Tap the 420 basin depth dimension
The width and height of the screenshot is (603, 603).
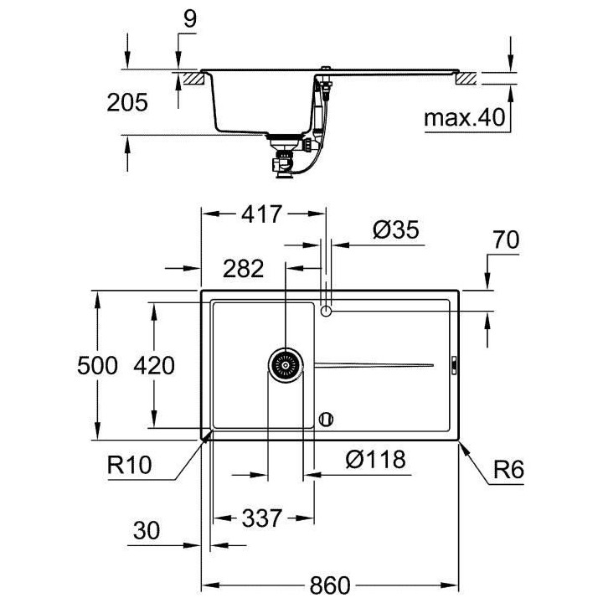click(x=154, y=366)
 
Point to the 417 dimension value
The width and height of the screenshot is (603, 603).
click(x=261, y=214)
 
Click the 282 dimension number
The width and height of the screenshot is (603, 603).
click(x=244, y=269)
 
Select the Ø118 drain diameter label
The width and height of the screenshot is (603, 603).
click(x=374, y=459)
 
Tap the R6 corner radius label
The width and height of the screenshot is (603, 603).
click(x=508, y=471)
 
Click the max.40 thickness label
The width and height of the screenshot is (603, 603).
click(x=466, y=118)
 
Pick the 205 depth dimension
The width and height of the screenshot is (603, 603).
click(x=127, y=102)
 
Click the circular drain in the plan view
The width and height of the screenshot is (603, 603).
click(x=284, y=364)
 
